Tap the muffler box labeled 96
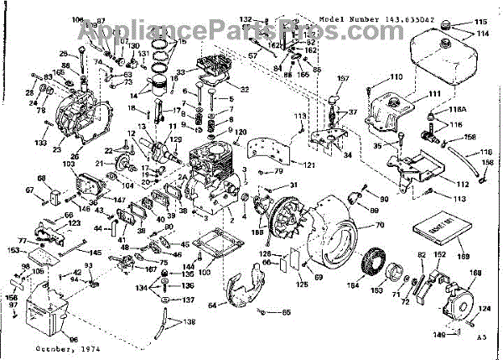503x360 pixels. pyautogui.click(x=49, y=316)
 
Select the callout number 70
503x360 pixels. pyautogui.click(x=378, y=227)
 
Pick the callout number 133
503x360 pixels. pyautogui.click(x=40, y=143)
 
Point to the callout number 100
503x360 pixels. pyautogui.click(x=205, y=273)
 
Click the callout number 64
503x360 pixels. pyautogui.click(x=212, y=305)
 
